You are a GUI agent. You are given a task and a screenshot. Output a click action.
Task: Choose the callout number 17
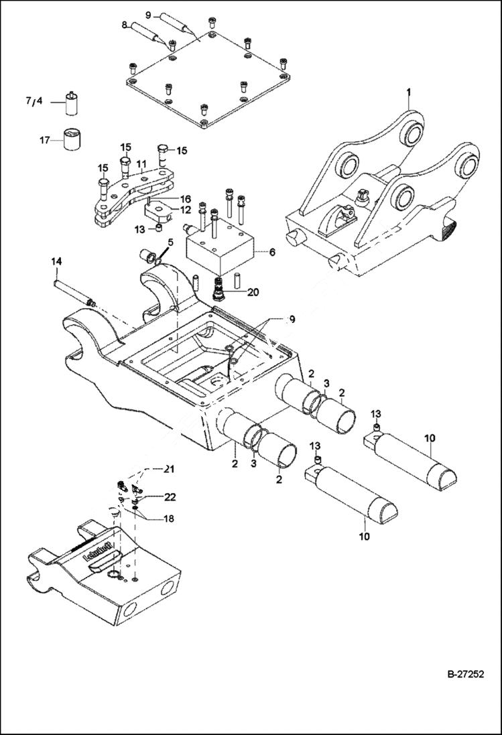[44, 140]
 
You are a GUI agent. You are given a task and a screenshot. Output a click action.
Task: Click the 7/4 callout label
[34, 102]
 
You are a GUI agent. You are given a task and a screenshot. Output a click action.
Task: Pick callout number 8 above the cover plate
[124, 25]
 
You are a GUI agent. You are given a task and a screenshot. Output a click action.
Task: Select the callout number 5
[141, 163]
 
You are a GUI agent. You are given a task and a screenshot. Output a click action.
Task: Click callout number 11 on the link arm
[141, 163]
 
